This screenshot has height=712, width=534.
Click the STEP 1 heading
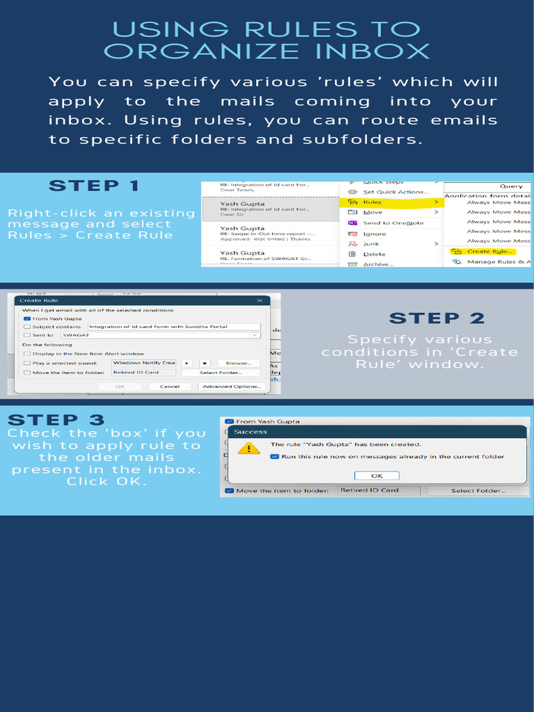pos(94,186)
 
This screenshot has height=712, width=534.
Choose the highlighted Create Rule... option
pos(489,251)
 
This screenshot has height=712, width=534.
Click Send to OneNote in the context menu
pos(393,223)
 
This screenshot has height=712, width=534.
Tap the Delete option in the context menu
pos(373,254)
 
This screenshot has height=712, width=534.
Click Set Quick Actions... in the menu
pos(395,192)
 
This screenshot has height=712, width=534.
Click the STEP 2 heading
pos(437,318)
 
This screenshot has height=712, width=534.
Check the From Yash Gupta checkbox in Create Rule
pos(27,318)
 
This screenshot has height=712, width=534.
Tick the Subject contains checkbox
pos(27,327)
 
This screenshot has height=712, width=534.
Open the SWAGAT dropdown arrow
pos(254,335)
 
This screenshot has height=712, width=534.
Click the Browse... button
pos(238,363)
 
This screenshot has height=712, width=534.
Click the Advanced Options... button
pos(232,387)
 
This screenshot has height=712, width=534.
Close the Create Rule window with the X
pos(259,300)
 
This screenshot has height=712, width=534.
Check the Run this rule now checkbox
pos(275,457)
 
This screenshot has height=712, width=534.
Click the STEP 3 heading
pos(56,420)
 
